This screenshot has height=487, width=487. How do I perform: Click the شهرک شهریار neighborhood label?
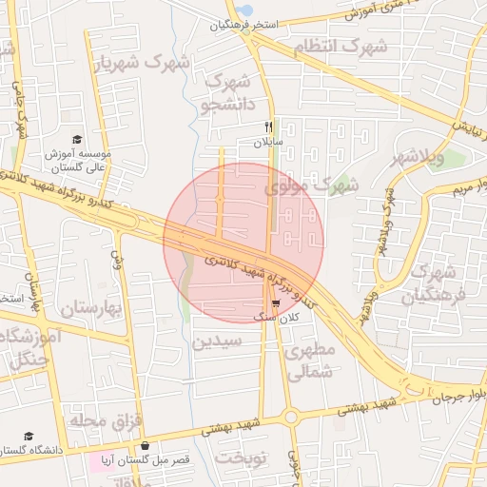coord(142,63)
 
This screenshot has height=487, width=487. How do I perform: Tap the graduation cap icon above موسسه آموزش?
coord(77,139)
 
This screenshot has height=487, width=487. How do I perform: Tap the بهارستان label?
coord(92,309)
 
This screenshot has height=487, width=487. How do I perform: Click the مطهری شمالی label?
coord(310,362)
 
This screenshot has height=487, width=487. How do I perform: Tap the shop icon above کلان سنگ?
coord(276,303)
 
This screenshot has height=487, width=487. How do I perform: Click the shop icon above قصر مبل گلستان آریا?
coord(145,445)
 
